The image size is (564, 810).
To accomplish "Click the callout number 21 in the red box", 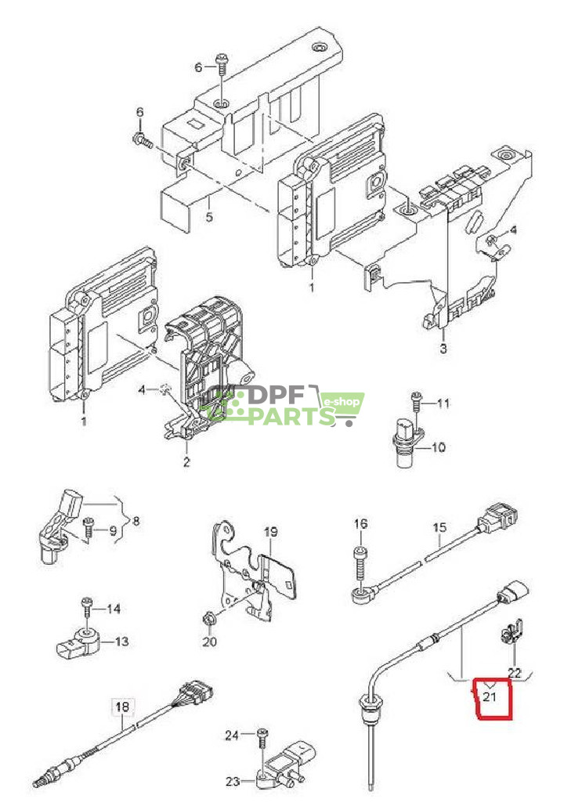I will [x=490, y=696].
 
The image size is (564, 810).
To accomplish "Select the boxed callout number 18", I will [x=121, y=707].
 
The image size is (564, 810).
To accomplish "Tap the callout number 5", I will [x=208, y=217].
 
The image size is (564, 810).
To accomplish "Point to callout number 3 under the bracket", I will [x=443, y=349].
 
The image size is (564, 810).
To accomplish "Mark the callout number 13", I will [x=121, y=642].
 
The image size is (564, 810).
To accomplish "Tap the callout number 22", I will [x=514, y=672].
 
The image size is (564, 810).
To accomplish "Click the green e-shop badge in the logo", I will [x=343, y=403].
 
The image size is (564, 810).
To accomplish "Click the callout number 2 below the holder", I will [x=186, y=462].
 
